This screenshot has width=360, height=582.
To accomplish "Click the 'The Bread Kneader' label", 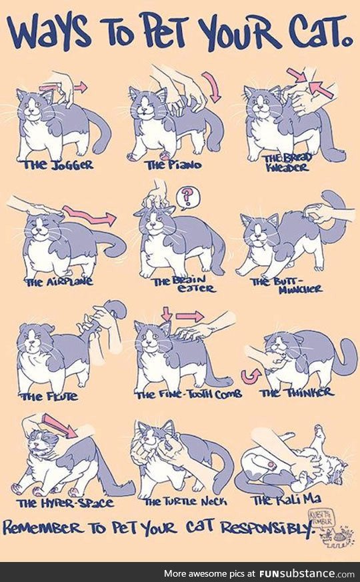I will (285, 163).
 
